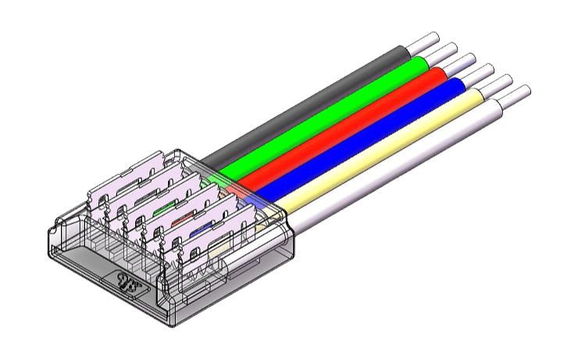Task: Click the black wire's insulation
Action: click(312, 97)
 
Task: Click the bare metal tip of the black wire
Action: click(426, 40)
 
